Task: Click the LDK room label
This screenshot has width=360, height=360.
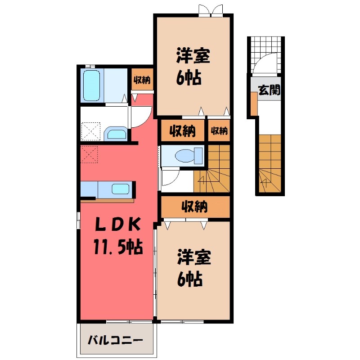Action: click(x=119, y=224)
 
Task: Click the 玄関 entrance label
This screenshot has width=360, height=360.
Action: click(x=269, y=90)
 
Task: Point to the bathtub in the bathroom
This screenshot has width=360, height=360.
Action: click(x=92, y=85)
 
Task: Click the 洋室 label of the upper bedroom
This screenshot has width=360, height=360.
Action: click(x=193, y=57)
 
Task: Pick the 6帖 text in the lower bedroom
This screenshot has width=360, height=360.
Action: click(x=189, y=280)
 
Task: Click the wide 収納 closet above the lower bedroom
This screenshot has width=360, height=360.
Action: click(x=195, y=207)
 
